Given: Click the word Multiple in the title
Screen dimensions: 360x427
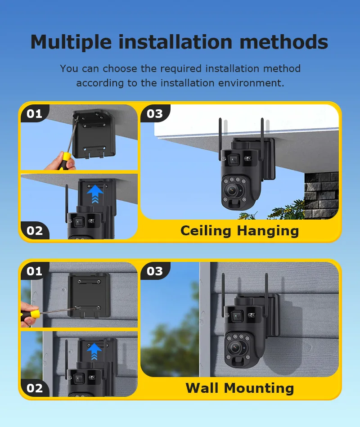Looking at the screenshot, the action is tap(71, 42).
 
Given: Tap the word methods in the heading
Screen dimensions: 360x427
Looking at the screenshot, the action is tap(283, 42).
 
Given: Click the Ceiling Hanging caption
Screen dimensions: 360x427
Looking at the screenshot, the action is tap(240, 231).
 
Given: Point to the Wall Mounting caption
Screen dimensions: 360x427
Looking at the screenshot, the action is tap(240, 388).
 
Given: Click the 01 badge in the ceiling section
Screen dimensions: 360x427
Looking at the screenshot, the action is tap(35, 113).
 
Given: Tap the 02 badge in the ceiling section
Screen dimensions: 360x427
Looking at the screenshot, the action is tap(35, 231).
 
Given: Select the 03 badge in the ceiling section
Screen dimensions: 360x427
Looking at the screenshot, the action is tap(155, 113).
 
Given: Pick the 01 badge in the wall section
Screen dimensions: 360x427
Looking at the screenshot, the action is tap(35, 271).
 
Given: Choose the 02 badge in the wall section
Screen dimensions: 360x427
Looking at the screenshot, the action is tap(35, 388).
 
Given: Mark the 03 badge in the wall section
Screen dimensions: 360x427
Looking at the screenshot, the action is tap(155, 271).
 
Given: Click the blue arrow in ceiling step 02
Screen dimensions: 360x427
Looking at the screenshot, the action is tap(95, 193).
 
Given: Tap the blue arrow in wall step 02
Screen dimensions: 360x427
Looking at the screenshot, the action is tap(94, 351).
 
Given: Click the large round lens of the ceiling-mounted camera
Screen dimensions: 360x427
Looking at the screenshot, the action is tap(232, 190).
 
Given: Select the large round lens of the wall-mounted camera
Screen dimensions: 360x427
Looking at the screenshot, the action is tap(235, 347).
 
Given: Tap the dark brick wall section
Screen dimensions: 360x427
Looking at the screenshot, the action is tap(321, 195).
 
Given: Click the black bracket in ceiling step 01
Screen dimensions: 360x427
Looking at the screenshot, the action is tap(94, 134).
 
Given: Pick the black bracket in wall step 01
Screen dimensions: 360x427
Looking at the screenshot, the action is tap(89, 296).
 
